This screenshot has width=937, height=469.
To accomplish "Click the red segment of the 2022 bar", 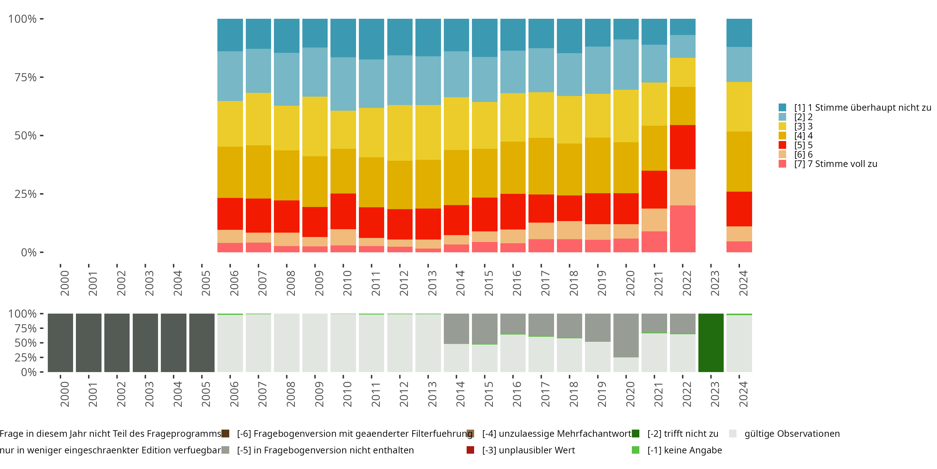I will pyautogui.click(x=682, y=147).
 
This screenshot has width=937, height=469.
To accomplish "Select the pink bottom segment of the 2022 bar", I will pyautogui.click(x=682, y=229).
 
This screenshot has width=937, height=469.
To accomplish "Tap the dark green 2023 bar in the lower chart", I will pyautogui.click(x=711, y=343).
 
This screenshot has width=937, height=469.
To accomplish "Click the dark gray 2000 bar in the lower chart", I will pyautogui.click(x=60, y=343).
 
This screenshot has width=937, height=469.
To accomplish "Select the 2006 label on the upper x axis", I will pyautogui.click(x=234, y=283).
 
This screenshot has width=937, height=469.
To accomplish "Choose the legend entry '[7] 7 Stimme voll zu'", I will pyautogui.click(x=835, y=164).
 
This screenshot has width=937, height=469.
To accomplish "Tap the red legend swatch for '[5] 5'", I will pyautogui.click(x=782, y=145).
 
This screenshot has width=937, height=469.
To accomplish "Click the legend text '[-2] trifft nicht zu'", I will pyautogui.click(x=683, y=434).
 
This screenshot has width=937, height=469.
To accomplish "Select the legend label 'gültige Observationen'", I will pyautogui.click(x=792, y=434).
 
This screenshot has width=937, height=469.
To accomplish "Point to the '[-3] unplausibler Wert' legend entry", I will pyautogui.click(x=528, y=450).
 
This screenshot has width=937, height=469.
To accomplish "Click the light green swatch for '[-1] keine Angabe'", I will pyautogui.click(x=636, y=450).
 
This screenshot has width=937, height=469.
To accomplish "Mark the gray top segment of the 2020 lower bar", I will pyautogui.click(x=626, y=335).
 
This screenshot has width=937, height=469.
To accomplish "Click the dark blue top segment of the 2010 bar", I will pyautogui.click(x=343, y=38).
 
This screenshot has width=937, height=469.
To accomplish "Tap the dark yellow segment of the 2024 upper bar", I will pyautogui.click(x=739, y=161).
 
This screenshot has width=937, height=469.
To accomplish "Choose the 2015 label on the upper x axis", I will pyautogui.click(x=489, y=283).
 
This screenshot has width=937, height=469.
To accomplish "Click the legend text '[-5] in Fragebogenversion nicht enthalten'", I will pyautogui.click(x=325, y=450).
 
